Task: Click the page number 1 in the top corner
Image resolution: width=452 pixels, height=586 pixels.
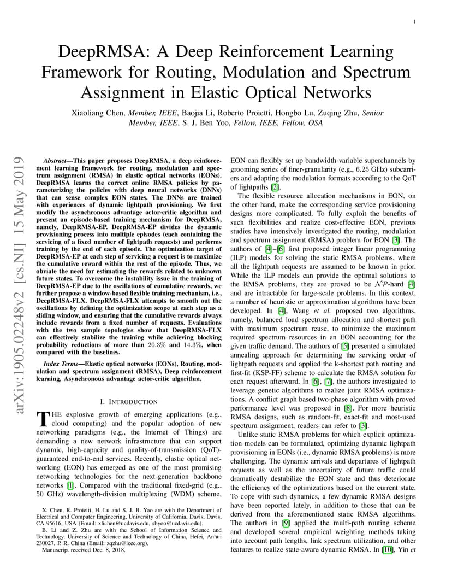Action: [415, 22]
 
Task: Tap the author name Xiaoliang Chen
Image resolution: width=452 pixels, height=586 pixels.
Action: [97, 113]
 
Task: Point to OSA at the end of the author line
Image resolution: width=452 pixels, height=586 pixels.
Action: [314, 123]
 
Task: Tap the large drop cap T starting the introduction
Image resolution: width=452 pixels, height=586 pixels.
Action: [43, 419]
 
